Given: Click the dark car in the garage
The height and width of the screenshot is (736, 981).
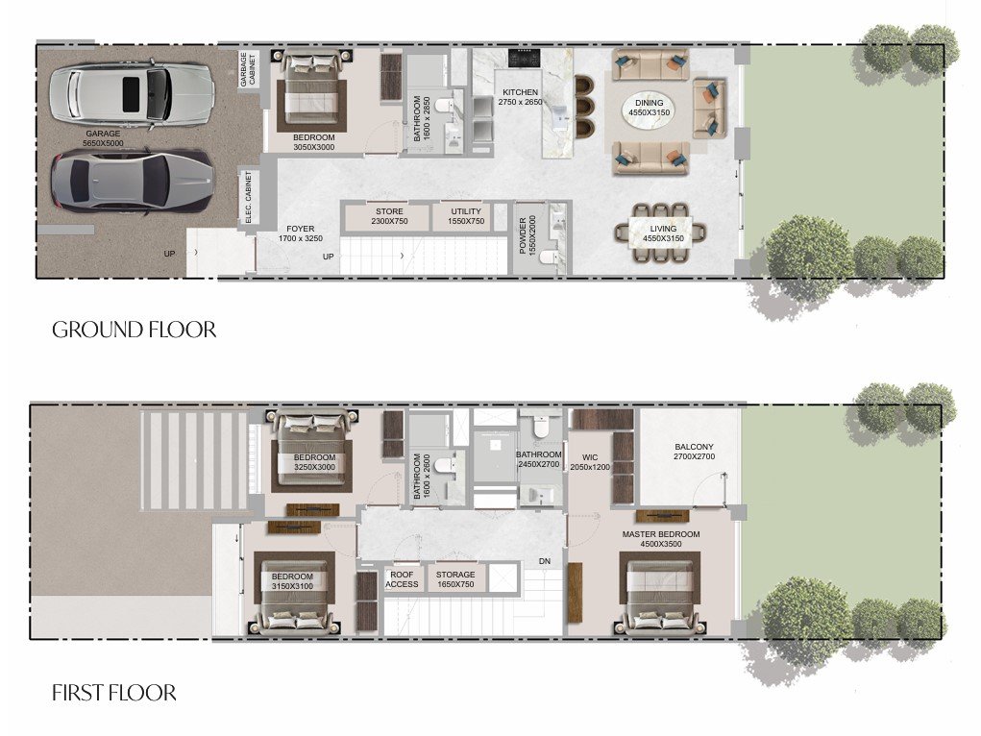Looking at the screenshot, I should point(131,183).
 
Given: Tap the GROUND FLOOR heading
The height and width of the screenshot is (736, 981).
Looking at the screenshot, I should point(134,330).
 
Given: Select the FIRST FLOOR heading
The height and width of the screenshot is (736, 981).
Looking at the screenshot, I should point(113,692).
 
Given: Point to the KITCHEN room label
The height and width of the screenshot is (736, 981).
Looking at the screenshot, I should point(520,97).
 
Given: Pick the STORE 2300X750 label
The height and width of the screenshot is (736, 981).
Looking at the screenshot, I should point(389,216).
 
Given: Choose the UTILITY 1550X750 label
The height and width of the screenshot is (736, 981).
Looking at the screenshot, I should point(466,216).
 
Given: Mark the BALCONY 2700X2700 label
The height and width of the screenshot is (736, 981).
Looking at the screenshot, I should point(693,453).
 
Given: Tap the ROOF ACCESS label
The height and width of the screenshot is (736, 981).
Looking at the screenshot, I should point(402,579).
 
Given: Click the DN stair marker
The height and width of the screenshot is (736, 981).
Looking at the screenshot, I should point(544,562).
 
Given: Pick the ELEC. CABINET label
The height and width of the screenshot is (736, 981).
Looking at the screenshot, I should point(248,198).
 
